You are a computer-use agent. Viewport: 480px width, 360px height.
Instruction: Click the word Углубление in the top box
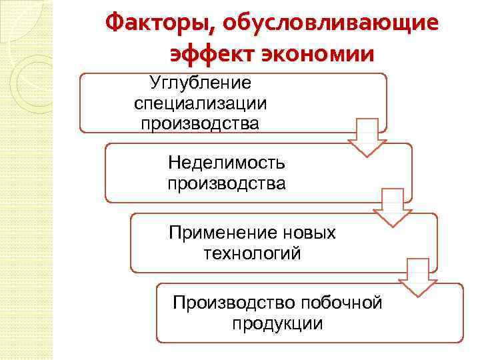(x=200, y=83)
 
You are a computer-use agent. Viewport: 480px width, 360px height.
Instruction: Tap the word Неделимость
(x=227, y=162)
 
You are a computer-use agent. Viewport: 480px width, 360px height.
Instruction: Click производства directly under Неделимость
(x=227, y=182)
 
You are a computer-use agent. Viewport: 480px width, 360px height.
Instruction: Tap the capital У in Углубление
(x=155, y=83)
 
